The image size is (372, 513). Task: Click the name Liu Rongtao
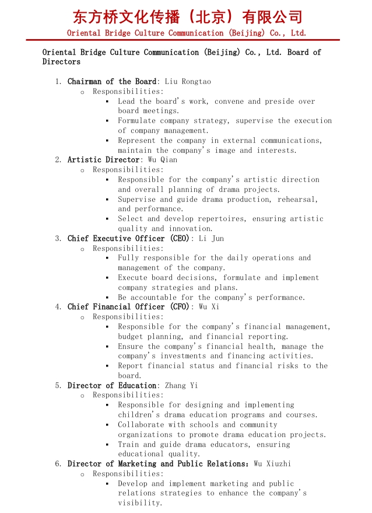(x=188, y=82)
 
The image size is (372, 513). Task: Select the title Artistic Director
(x=104, y=160)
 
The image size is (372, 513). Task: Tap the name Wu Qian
(x=163, y=160)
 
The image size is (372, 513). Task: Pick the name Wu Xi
(x=209, y=307)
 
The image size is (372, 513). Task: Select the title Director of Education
(x=112, y=386)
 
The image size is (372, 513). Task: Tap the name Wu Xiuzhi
(x=272, y=464)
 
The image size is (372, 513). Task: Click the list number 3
(x=58, y=238)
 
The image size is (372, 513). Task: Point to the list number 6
(x=58, y=464)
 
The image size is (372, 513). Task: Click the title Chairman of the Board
(x=112, y=82)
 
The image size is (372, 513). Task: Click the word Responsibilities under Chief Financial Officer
(x=127, y=317)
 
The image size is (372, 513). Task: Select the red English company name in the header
(x=187, y=33)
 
